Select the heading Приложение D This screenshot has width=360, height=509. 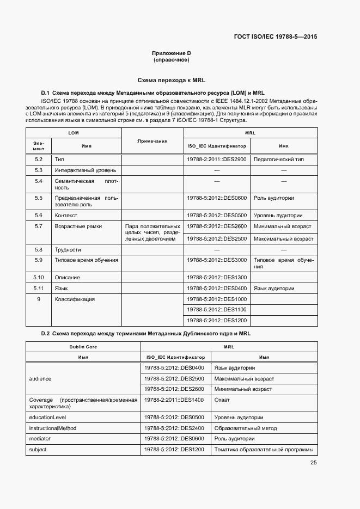pos(171,53)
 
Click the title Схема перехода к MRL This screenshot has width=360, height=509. pos(171,79)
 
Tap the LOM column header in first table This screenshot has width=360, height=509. pos(74,133)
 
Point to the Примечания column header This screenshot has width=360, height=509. pos(152,141)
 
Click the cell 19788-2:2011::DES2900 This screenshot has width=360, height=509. pos(217,160)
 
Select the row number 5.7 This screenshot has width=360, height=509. pos(39,226)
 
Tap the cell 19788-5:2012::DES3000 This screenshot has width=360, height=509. pos(217,260)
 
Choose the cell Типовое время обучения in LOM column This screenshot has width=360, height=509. pos(86,260)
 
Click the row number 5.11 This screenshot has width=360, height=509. pos(39,288)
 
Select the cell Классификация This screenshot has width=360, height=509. pos(75,299)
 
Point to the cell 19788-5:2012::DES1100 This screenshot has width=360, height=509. pos(217,310)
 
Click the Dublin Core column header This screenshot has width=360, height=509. pos(83,346)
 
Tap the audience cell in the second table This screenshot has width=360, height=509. pos(40,379)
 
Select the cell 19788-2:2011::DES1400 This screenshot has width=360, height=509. pos(174,400)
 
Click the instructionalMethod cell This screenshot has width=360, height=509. pos(53,428)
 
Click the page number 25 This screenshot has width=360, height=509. pos(314,463)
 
